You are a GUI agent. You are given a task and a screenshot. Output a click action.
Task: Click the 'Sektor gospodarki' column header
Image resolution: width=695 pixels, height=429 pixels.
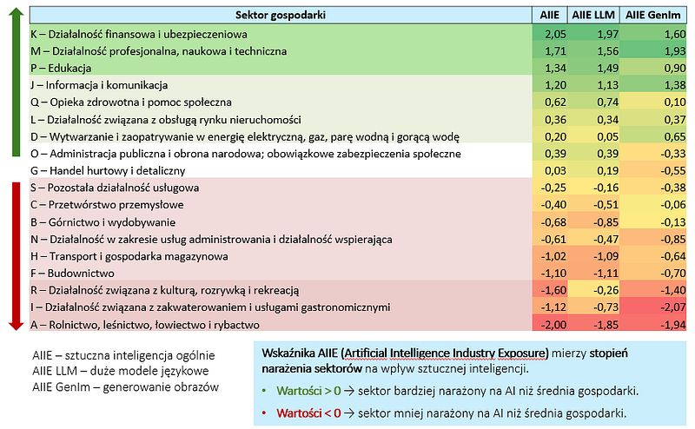click(x=280, y=15)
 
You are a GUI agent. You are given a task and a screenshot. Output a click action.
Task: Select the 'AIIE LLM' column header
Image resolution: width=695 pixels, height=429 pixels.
click(x=593, y=15)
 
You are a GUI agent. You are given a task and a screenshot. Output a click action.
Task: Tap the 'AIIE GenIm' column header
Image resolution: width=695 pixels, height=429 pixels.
click(x=653, y=15)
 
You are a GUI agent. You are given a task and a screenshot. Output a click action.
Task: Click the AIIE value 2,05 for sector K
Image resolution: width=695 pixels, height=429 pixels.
click(x=555, y=34)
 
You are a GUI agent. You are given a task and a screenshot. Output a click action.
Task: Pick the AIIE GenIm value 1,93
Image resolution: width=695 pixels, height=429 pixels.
click(x=675, y=51)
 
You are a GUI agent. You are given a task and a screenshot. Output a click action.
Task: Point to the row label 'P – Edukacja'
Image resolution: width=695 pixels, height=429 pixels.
click(x=61, y=69)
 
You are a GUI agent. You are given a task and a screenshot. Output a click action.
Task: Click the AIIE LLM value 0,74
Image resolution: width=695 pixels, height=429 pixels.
click(x=607, y=102)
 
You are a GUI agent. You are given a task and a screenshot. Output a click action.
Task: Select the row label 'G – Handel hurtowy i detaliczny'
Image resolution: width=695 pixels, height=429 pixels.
click(x=108, y=170)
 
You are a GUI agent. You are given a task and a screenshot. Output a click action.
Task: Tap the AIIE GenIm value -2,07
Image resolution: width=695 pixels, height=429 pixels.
click(x=672, y=307)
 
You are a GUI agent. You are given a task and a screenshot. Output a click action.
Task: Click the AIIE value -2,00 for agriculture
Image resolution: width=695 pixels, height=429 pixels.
click(x=553, y=325)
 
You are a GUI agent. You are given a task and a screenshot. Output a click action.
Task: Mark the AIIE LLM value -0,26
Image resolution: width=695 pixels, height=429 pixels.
click(x=606, y=290)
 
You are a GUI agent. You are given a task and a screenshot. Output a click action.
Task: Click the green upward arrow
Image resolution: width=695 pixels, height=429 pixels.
click(x=16, y=82)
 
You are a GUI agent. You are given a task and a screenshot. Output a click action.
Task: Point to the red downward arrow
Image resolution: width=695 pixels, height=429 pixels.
click(x=16, y=256)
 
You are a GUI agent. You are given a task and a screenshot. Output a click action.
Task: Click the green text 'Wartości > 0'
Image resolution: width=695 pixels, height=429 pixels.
click(x=308, y=391)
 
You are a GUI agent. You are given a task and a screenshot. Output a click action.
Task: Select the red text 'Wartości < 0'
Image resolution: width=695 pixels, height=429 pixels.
click(x=308, y=413)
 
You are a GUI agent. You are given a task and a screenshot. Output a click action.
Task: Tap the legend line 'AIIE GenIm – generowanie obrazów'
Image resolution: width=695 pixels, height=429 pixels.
click(x=125, y=387)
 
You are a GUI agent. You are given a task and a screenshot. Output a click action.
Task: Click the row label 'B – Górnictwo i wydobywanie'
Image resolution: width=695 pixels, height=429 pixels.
click(x=103, y=222)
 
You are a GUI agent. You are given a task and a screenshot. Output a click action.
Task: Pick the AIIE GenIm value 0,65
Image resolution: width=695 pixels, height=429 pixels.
click(x=675, y=137)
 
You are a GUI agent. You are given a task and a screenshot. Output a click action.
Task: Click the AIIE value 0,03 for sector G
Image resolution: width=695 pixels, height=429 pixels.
click(x=555, y=171)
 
